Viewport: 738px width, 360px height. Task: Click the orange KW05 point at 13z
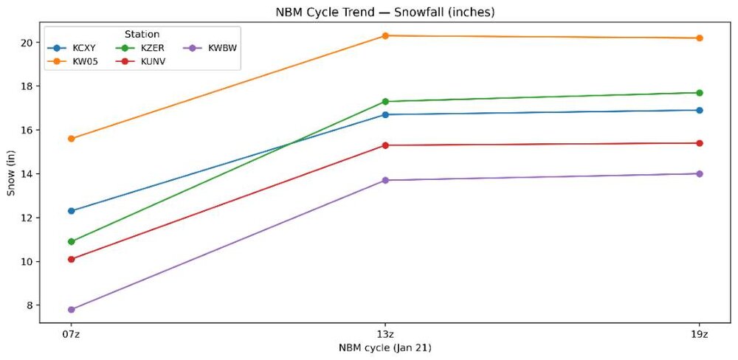click(385, 35)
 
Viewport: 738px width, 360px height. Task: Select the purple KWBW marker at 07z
click(71, 310)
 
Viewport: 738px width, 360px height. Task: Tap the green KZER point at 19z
click(699, 93)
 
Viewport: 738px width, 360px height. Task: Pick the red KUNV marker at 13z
click(385, 145)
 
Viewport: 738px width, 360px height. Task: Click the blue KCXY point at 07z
click(71, 211)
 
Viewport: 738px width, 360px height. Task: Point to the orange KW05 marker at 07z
click(71, 139)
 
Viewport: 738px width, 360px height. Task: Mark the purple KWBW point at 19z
click(699, 174)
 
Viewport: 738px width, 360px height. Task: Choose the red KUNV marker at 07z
click(71, 259)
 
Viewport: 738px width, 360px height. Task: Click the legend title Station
click(142, 34)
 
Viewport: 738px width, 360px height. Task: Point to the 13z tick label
click(385, 334)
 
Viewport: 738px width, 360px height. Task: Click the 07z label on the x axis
click(71, 334)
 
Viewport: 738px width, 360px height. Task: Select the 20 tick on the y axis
click(27, 43)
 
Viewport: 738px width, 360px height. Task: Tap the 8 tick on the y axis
click(30, 305)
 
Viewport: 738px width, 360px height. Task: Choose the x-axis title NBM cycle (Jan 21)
click(384, 347)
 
